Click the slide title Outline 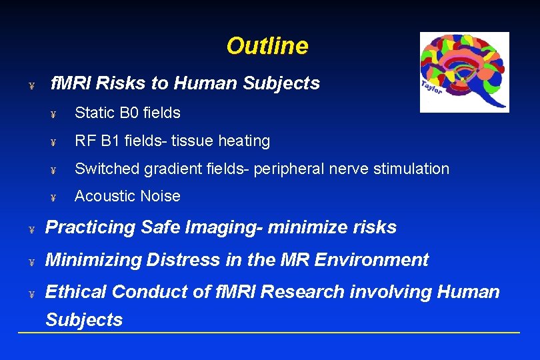267,46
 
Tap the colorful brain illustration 464,72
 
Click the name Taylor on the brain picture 431,87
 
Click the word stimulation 411,169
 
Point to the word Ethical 75,292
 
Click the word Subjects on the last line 84,320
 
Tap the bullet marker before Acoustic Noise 53,198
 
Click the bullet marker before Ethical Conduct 31,294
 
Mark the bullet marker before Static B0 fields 53,115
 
